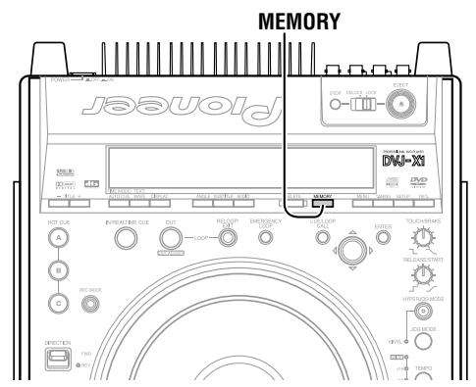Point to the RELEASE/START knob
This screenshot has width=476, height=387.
(425, 275)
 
